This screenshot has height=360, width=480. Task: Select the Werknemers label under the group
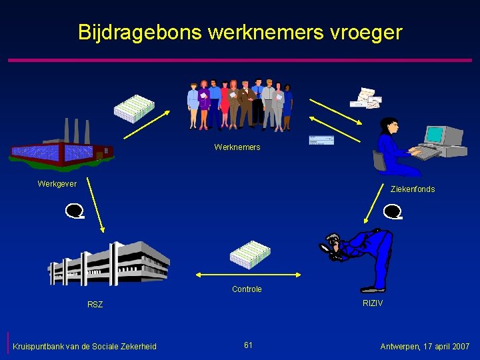tap(237, 147)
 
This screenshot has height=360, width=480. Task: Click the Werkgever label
tap(57, 184)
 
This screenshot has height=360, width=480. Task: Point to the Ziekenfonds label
tap(413, 189)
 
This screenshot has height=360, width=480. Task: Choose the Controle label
tap(247, 289)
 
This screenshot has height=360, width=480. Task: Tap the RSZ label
tap(95, 305)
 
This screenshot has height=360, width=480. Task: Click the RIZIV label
tap(373, 303)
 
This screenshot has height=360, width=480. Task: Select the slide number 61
tap(248, 345)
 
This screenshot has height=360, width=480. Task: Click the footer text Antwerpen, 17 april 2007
tap(425, 347)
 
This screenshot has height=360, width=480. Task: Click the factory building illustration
tap(60, 147)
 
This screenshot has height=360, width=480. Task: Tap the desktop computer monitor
tap(437, 135)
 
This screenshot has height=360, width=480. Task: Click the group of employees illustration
tap(239, 105)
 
